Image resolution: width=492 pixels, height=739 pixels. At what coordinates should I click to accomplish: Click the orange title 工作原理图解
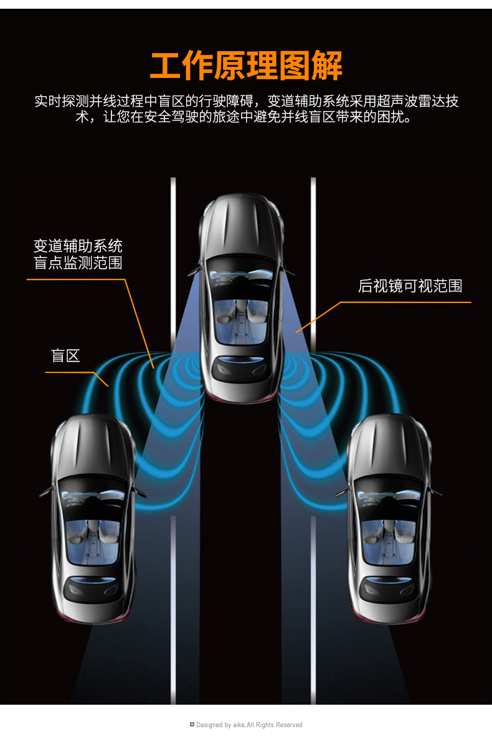click(x=246, y=66)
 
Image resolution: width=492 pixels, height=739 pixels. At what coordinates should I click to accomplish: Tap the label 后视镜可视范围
click(x=410, y=286)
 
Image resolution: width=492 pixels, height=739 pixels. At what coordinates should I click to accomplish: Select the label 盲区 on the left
click(x=65, y=356)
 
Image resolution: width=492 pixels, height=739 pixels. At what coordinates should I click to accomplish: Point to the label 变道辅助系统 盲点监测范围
click(x=78, y=254)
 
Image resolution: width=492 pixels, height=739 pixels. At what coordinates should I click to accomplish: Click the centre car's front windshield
click(x=241, y=274)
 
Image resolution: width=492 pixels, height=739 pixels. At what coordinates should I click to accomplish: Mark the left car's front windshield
click(x=93, y=495)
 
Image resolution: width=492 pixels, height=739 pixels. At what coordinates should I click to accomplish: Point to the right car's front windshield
click(x=389, y=495)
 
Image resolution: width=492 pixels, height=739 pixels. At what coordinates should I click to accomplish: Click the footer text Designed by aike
click(x=249, y=725)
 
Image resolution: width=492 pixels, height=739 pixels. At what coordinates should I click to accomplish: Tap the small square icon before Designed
click(x=192, y=725)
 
